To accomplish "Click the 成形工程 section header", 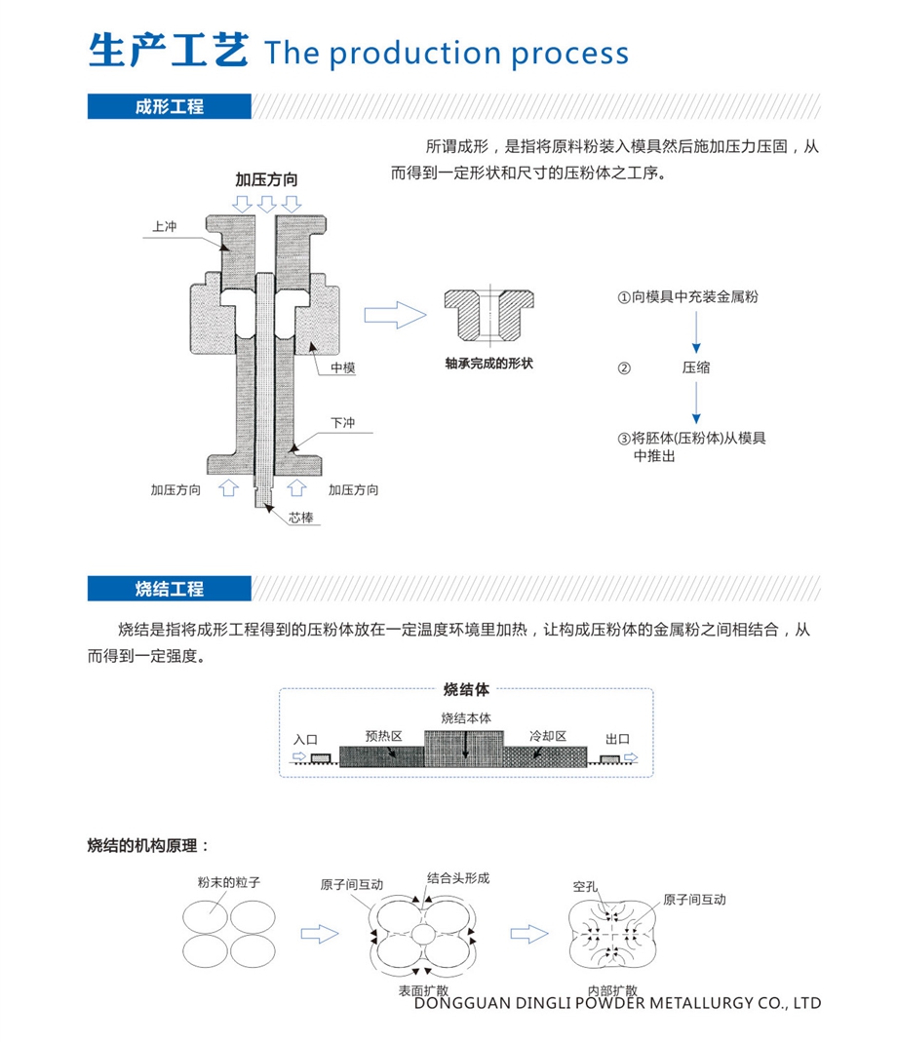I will (x=170, y=106).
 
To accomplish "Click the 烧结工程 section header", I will (x=170, y=588).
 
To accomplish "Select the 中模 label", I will (x=342, y=367).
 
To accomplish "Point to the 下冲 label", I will (x=342, y=423).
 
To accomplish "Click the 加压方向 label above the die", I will (x=266, y=180).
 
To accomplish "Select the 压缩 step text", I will (x=696, y=367).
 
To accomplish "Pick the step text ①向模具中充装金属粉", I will (x=687, y=297).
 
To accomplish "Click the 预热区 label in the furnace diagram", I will (x=384, y=736).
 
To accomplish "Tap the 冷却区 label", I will (x=548, y=736).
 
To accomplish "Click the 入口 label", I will (x=306, y=739).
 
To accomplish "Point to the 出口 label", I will (x=618, y=739).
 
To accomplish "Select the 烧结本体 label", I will (x=466, y=718).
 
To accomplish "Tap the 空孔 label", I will (x=585, y=887).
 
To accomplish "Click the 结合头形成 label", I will (x=457, y=877).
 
